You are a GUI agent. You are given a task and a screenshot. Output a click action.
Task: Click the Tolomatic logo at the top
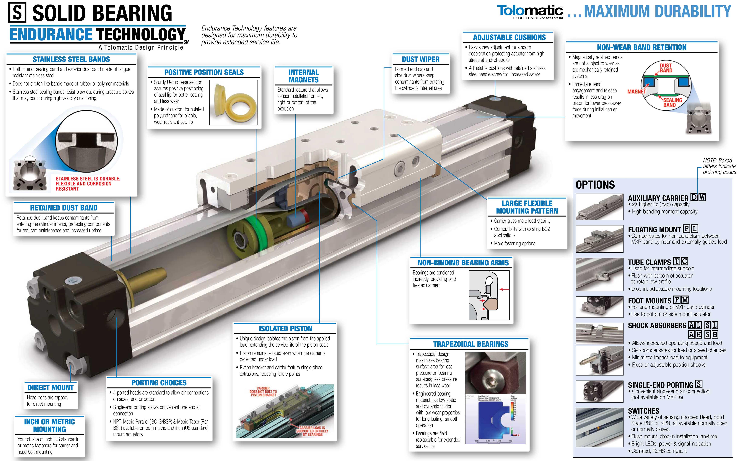coord(530,12)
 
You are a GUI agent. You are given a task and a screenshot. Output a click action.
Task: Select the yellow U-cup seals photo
coord(233,102)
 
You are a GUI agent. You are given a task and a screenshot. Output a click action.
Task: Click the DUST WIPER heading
coord(421,59)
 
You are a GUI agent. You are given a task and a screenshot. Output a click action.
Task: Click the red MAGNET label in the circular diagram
coord(636,91)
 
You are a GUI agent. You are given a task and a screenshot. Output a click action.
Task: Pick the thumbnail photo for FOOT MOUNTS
coord(599,307)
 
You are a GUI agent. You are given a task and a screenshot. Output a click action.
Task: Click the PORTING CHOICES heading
coord(159,383)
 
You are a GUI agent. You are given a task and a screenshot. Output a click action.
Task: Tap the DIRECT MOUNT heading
coord(51,388)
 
